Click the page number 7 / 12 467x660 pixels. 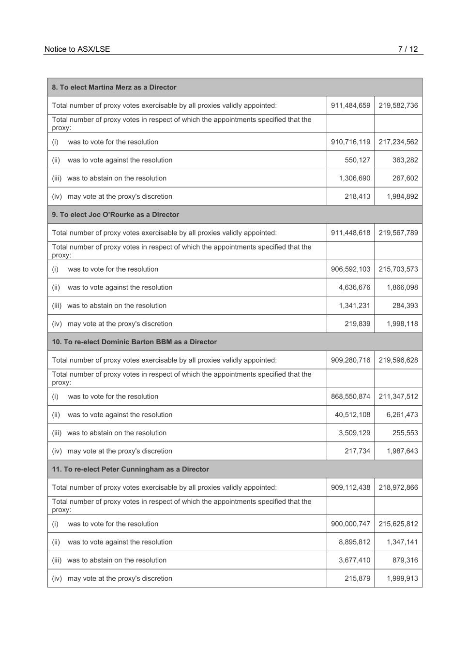click(407, 49)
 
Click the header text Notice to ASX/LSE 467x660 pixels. click(77, 49)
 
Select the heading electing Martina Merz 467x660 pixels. click(114, 88)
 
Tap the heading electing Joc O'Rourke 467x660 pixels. click(115, 215)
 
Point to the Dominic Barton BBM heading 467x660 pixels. click(134, 342)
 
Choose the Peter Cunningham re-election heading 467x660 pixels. click(130, 469)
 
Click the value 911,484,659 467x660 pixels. click(350, 105)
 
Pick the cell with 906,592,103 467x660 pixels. click(350, 269)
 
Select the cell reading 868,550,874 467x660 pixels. click(350, 396)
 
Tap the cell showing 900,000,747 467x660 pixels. click(350, 524)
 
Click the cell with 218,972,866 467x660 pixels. click(398, 487)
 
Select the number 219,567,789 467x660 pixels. click(398, 233)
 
